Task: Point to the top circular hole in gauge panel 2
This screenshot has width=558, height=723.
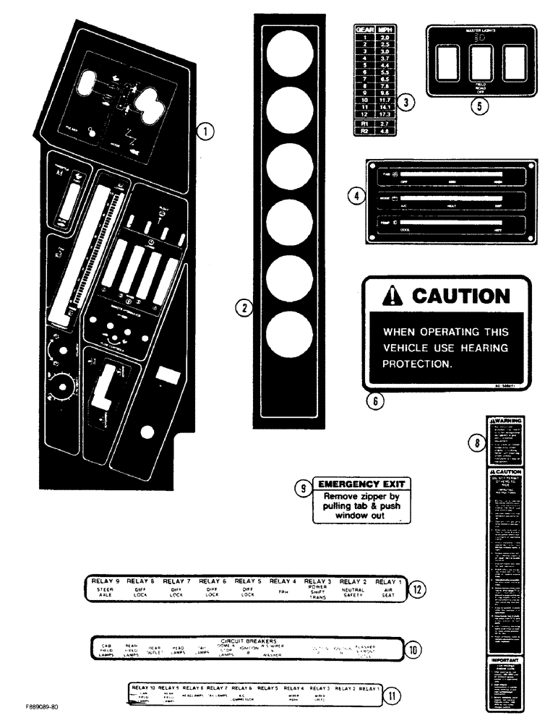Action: click(x=290, y=55)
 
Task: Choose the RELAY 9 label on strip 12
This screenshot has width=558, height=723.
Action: click(x=106, y=581)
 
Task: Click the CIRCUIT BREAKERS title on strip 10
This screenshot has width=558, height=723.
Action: click(x=251, y=641)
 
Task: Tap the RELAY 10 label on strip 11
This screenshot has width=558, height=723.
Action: click(x=143, y=688)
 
